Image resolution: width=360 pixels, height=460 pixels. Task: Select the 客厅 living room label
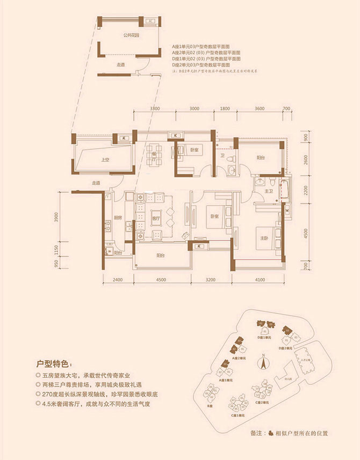tap(157, 218)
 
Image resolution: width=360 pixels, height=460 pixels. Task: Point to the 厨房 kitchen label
tap(117, 218)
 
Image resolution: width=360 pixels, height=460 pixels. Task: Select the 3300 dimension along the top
tap(156, 109)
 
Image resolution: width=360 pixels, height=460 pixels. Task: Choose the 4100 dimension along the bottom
tap(260, 280)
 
